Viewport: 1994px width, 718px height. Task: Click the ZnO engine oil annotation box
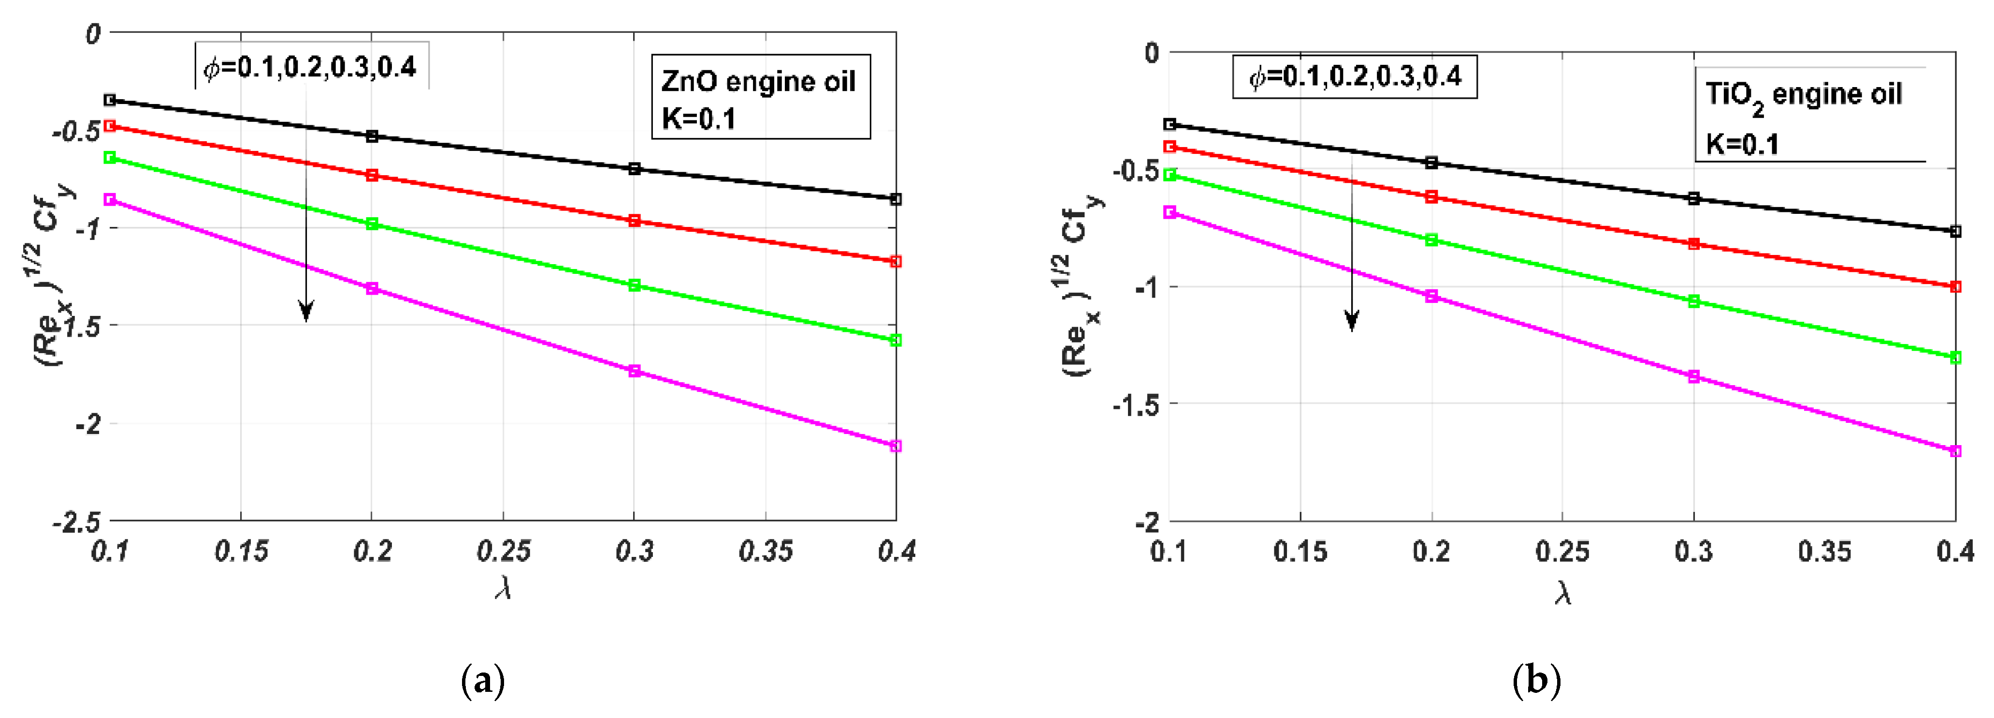click(760, 97)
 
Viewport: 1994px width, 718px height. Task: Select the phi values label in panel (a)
click(311, 67)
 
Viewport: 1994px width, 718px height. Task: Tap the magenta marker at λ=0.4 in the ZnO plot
click(896, 446)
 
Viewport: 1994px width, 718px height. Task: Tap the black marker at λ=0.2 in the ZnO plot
click(372, 136)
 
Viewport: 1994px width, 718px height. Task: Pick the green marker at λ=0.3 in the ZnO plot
click(634, 285)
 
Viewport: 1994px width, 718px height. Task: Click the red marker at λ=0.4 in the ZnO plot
click(896, 262)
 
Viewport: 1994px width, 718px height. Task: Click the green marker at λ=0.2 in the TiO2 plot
click(1431, 240)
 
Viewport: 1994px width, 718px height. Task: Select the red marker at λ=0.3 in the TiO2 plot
click(1694, 244)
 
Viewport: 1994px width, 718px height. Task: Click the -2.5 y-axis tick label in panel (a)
click(77, 522)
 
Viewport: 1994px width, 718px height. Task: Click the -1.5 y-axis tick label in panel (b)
click(1136, 404)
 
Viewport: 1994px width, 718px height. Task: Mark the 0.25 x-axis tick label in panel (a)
click(503, 552)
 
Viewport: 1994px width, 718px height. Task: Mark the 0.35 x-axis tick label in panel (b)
click(1824, 552)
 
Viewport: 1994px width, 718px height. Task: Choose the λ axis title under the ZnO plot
click(503, 589)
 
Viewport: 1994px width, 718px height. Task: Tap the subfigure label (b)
click(1536, 681)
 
